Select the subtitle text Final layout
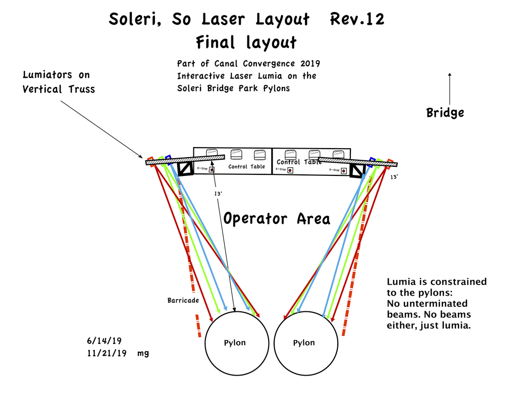[x=246, y=42]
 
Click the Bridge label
[x=445, y=112]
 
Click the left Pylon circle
[x=236, y=343]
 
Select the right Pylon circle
[x=305, y=343]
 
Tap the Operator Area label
[x=277, y=219]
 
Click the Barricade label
[x=183, y=300]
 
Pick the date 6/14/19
[x=106, y=342]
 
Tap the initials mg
[x=143, y=354]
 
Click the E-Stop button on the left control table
[x=212, y=170]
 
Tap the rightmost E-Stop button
[x=344, y=171]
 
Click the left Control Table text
[x=246, y=167]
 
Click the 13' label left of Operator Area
[x=218, y=194]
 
